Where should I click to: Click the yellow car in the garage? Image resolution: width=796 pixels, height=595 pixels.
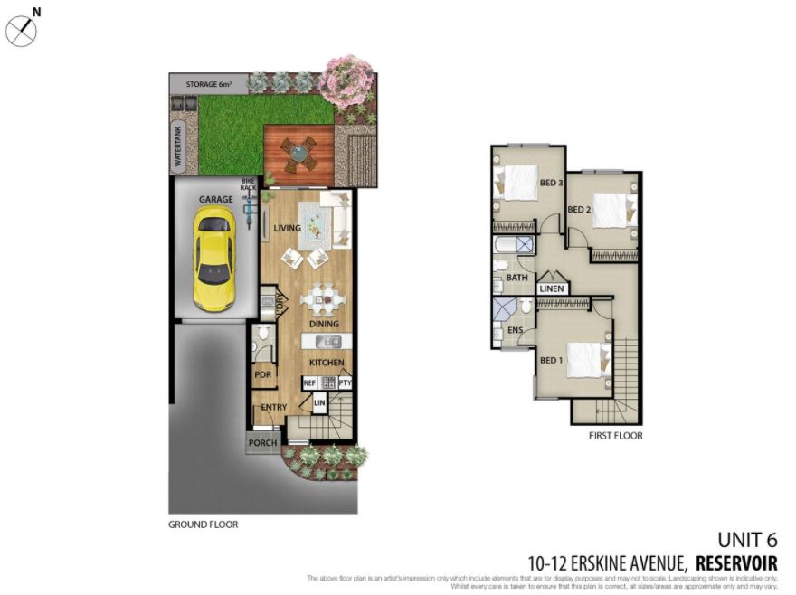point(214,258)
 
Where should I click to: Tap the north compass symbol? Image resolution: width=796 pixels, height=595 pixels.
point(21,31)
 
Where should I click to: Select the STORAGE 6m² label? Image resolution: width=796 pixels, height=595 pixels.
point(209,84)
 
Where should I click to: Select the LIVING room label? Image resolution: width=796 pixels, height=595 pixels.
point(287,228)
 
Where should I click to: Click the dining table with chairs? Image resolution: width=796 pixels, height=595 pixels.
point(323,298)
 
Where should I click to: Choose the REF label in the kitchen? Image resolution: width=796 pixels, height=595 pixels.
point(309,383)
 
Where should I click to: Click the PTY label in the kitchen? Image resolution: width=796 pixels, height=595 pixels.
point(344,383)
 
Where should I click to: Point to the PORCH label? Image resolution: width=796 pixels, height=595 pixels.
point(262,443)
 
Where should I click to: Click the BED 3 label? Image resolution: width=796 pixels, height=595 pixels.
point(551,183)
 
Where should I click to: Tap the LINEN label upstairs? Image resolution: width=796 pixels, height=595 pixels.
point(552,288)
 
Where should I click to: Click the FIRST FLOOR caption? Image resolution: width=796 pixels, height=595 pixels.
point(615,436)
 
